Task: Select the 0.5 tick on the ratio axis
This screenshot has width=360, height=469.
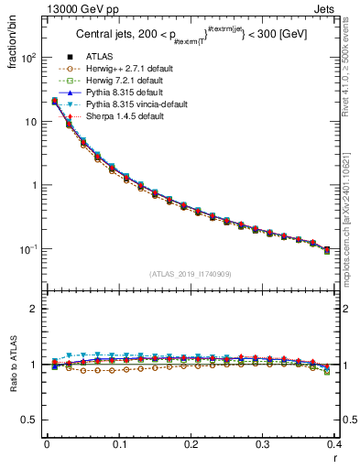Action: pyautogui.click(x=31, y=420)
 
